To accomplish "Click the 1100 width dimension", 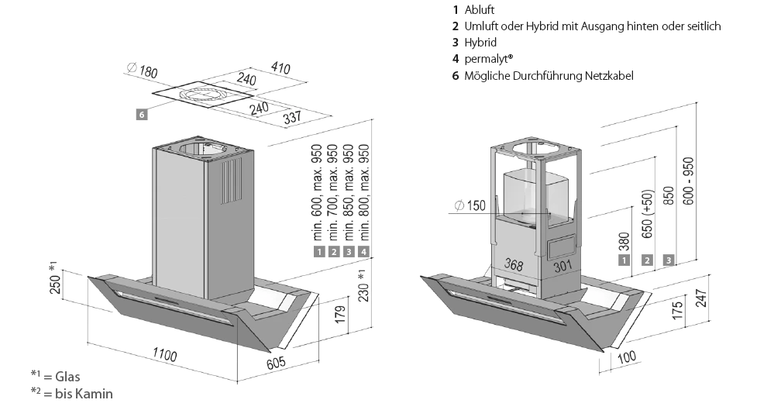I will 164,357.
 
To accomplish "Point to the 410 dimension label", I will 280,68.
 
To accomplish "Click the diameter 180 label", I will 145,72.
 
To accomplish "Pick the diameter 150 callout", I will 470,205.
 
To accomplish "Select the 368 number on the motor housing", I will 514,264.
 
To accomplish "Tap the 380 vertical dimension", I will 625,243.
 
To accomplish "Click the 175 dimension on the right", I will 677,310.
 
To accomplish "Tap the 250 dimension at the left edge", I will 54,282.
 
